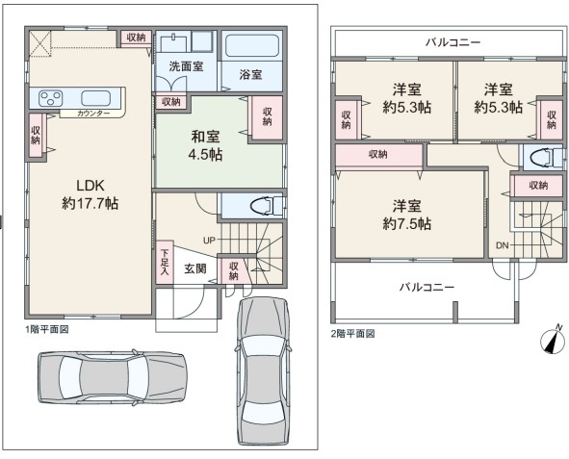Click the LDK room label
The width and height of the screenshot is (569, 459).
pyautogui.click(x=90, y=194)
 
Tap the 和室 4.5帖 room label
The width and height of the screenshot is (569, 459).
pyautogui.click(x=205, y=145)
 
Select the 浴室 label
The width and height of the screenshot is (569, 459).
pyautogui.click(x=250, y=74)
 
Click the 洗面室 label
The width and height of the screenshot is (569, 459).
pyautogui.click(x=186, y=66)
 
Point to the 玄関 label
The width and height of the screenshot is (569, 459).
pyautogui.click(x=195, y=268)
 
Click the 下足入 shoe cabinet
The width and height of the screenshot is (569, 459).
pyautogui.click(x=165, y=262)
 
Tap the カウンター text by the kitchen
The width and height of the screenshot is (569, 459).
pyautogui.click(x=93, y=114)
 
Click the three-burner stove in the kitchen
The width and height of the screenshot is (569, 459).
pyautogui.click(x=51, y=98)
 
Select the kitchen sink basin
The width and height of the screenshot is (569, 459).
pyautogui.click(x=96, y=98)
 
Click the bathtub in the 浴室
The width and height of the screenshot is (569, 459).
pyautogui.click(x=252, y=45)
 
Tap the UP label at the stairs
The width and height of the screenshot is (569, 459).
pyautogui.click(x=209, y=240)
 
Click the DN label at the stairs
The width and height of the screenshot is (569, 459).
pyautogui.click(x=503, y=245)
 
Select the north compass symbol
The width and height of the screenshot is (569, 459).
pyautogui.click(x=553, y=340)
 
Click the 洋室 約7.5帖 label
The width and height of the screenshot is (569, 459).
pyautogui.click(x=407, y=215)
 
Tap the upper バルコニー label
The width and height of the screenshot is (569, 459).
pyautogui.click(x=453, y=42)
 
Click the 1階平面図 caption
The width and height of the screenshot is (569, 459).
pyautogui.click(x=47, y=329)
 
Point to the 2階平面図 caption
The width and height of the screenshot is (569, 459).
pyautogui.click(x=352, y=334)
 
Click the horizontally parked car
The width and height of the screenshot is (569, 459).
pyautogui.click(x=113, y=378)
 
